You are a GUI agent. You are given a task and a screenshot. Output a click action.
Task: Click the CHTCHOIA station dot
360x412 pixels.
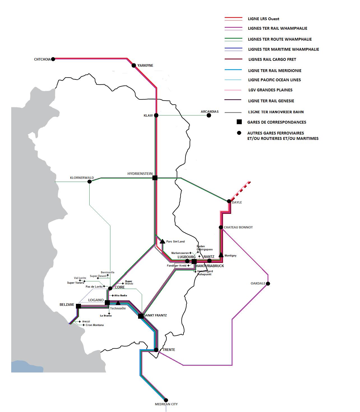(x=53, y=59)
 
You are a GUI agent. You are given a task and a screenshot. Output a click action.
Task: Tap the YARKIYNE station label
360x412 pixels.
(x=145, y=66)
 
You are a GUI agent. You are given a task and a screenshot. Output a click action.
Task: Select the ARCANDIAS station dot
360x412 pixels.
(x=209, y=115)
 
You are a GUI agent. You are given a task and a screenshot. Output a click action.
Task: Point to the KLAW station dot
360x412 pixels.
(x=156, y=115)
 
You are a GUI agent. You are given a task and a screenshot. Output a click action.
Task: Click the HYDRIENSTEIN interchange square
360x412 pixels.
(x=155, y=178)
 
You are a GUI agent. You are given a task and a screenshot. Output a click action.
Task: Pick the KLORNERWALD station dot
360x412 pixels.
(x=89, y=182)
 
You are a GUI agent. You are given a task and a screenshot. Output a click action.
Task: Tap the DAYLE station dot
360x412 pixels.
(x=229, y=201)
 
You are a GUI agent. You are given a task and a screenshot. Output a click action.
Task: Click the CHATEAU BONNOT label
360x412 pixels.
(x=238, y=227)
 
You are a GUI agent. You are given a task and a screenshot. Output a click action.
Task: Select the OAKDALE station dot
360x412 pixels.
(x=268, y=284)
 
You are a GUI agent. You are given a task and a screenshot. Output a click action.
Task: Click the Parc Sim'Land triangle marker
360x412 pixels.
(x=162, y=241)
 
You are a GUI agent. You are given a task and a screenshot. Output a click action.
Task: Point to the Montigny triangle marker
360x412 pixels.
(x=221, y=255)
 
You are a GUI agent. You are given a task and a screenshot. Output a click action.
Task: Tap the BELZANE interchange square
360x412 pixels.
(x=78, y=306)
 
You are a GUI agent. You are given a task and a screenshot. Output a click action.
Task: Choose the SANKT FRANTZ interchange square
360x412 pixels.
(x=141, y=316)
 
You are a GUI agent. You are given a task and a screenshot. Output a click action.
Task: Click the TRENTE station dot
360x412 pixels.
(x=156, y=350)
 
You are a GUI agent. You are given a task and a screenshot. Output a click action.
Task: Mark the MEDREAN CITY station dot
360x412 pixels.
(x=166, y=400)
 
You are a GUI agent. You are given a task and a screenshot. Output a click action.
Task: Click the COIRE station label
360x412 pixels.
(x=120, y=287)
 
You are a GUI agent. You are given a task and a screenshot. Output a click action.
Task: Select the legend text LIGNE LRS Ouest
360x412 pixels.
(x=263, y=19)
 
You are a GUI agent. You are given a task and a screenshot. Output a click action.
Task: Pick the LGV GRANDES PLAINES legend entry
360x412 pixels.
(x=270, y=90)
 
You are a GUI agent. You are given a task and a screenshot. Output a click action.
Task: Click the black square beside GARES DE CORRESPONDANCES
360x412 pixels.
(x=239, y=122)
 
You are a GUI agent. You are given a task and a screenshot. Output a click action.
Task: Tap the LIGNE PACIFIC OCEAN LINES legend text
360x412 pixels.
(x=274, y=80)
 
